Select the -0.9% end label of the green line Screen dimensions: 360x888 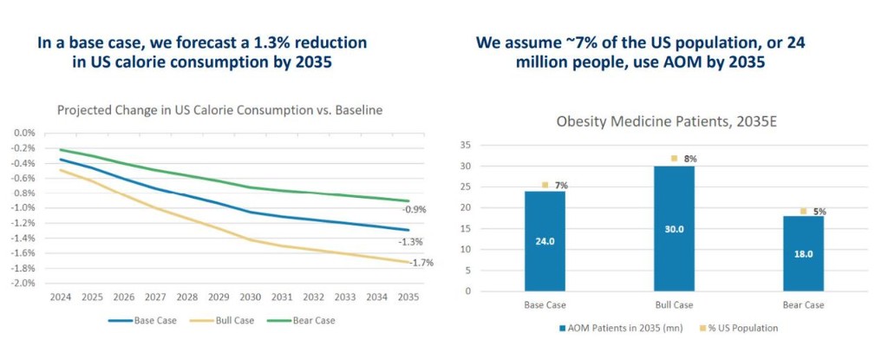pos(414,210)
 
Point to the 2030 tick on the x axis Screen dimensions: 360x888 pos(252,297)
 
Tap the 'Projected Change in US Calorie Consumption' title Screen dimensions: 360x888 pos(219,110)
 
